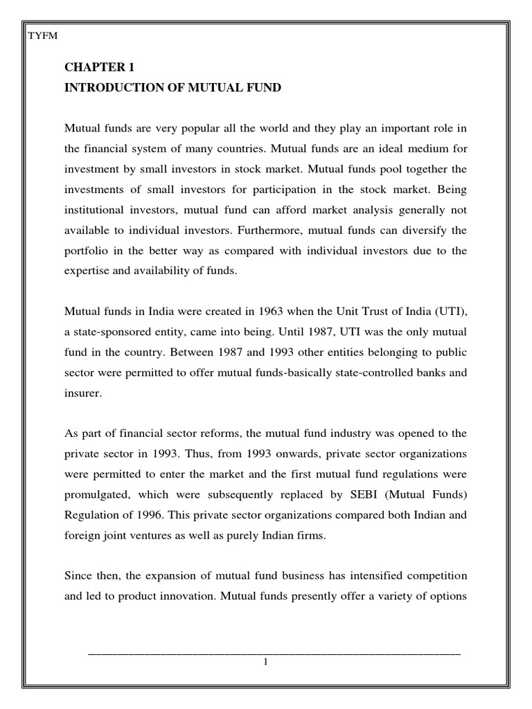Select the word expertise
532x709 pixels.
(87, 271)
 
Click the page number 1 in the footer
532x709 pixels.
(265, 662)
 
